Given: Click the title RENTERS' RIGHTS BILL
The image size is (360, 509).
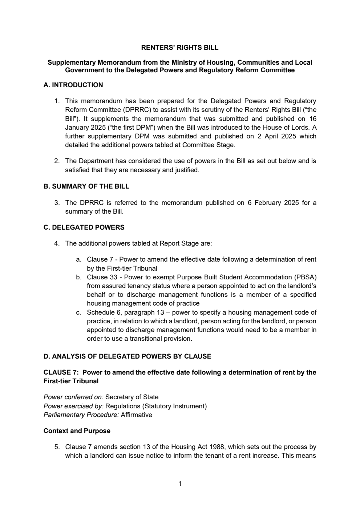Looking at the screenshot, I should tap(180, 48).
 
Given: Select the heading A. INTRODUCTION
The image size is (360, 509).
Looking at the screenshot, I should tap(73, 85).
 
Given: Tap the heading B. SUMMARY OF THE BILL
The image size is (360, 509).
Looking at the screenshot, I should tap(86, 186).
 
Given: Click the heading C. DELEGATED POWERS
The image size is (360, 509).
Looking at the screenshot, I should tap(84, 227).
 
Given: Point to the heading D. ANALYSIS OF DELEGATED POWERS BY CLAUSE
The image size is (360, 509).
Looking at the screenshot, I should tap(127, 356).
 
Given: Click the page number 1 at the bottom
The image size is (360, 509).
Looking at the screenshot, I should tap(180, 484).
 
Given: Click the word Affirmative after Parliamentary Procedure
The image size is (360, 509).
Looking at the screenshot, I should tap(136, 415).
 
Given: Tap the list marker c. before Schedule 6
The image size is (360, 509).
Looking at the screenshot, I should tap(78, 312).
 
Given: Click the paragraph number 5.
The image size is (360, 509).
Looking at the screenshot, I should tap(57, 447).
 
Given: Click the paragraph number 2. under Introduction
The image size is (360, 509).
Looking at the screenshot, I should tap(57, 161).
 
